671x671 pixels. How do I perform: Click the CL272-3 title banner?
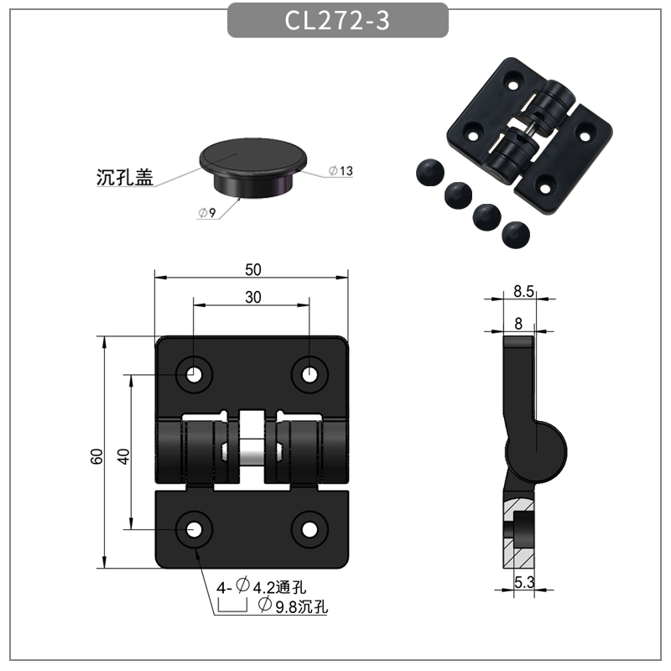coord(337,20)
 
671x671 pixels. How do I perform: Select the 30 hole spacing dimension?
coord(252,297)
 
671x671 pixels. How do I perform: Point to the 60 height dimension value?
coord(96,457)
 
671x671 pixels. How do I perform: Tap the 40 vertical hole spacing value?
coord(123,457)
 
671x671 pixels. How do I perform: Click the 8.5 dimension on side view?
coord(523,291)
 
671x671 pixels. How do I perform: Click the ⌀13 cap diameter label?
coord(341,171)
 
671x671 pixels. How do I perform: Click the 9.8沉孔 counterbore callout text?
coord(293,606)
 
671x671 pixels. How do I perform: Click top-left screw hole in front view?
coord(195,373)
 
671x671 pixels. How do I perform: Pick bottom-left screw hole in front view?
coord(195,529)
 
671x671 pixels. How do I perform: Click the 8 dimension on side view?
coord(518,323)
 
